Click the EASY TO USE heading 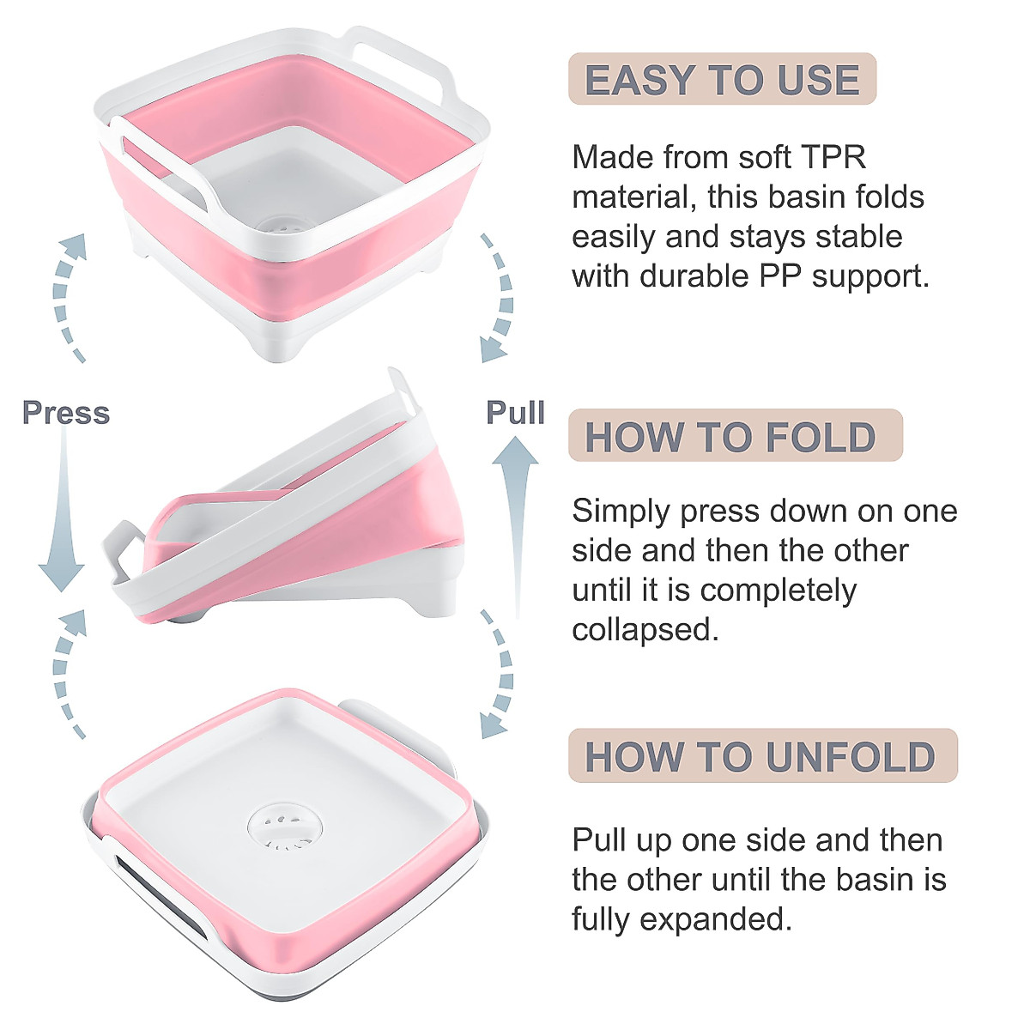(x=722, y=80)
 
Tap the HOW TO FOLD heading (x=730, y=437)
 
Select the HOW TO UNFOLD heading (x=760, y=756)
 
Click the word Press (x=66, y=413)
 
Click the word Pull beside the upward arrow (x=515, y=412)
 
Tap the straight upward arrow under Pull (x=515, y=524)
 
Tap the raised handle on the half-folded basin (x=403, y=391)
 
